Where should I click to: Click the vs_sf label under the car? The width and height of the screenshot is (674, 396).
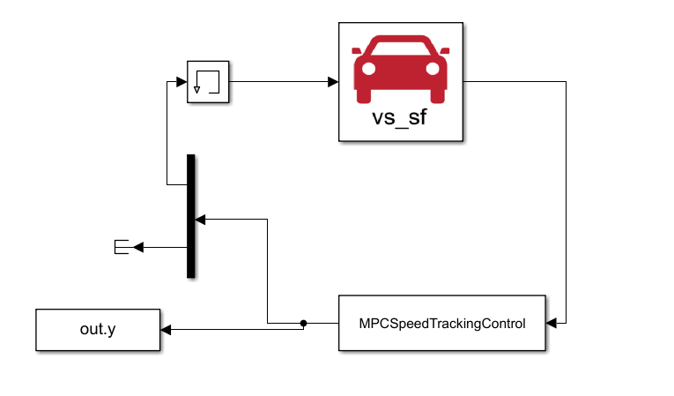pos(401,118)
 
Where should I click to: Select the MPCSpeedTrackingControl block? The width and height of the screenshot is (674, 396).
pos(441,324)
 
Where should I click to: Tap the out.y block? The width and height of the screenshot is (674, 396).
pos(98,330)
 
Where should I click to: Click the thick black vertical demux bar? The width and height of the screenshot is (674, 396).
pos(190,216)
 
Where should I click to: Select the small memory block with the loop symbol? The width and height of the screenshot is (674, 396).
pos(208,82)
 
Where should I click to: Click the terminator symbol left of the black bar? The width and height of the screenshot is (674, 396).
pos(122,248)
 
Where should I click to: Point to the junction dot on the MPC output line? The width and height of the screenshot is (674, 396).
pos(303,324)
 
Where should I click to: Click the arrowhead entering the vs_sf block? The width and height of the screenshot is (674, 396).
pos(333,82)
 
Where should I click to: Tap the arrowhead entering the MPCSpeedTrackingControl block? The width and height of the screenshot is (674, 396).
pos(552,324)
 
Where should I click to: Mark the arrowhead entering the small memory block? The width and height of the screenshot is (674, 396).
pos(181,82)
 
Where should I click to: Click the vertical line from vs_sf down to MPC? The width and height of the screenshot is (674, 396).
pos(564,203)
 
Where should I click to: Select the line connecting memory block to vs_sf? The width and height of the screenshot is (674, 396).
pos(282,82)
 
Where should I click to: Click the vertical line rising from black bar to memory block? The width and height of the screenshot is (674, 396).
pos(167,132)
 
